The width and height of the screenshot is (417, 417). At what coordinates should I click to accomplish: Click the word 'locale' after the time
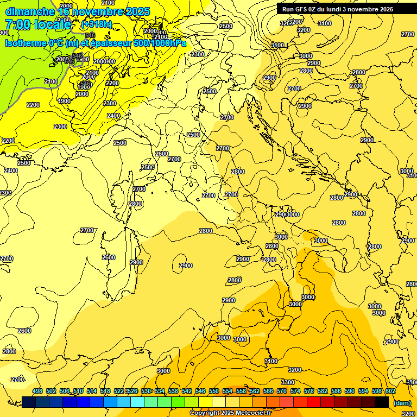pos(52,24)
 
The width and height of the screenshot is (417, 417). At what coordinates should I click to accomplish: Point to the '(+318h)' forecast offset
pos(96,24)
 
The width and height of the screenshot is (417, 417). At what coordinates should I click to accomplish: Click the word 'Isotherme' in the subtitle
pos(25,43)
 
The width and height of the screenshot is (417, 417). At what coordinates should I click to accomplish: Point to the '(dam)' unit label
pos(402,402)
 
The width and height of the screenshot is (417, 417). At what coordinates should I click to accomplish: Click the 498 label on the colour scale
pos(37,391)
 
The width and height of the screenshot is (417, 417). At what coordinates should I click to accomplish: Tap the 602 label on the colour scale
pos(390,391)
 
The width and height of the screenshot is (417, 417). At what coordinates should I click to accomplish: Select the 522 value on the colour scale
pos(119,391)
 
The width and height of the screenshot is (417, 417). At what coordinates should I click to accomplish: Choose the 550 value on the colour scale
pos(214,391)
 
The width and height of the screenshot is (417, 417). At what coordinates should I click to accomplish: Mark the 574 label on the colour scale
pos(295,391)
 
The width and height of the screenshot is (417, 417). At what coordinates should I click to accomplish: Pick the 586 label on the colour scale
pos(336,391)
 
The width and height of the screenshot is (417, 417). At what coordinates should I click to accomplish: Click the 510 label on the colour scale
pos(78,391)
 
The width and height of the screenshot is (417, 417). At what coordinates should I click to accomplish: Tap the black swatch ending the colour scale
pos(382,402)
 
